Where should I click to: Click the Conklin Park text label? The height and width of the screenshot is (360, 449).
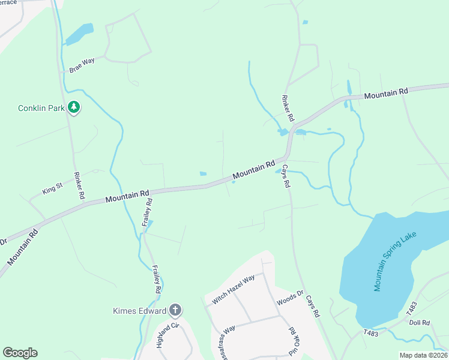[41, 108]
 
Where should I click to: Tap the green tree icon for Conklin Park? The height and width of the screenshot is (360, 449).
[74, 107]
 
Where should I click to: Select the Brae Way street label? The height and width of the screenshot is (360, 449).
[82, 65]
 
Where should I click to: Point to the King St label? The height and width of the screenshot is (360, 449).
[52, 190]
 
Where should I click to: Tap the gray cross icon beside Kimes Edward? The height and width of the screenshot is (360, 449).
[175, 310]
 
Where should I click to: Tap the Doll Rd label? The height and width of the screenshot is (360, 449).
[420, 322]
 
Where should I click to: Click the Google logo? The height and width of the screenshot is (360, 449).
[20, 353]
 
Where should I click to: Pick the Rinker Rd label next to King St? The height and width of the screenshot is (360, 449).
[78, 187]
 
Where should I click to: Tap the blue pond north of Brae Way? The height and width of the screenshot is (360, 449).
[80, 35]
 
